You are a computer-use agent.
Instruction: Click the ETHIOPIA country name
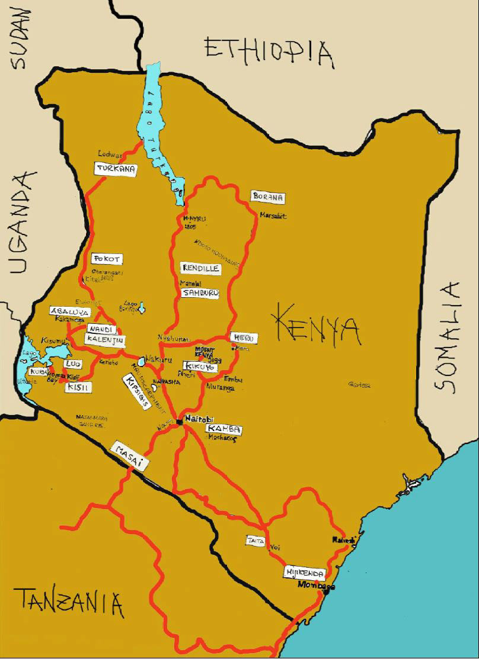[x=269, y=52]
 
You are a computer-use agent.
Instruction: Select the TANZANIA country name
[x=69, y=603]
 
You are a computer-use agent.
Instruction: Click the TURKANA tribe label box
[x=116, y=169]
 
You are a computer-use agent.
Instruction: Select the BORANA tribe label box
[x=268, y=197]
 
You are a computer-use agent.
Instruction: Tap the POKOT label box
[x=107, y=259]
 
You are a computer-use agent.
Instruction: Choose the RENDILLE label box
[x=201, y=268]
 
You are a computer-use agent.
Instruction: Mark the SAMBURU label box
[x=200, y=293]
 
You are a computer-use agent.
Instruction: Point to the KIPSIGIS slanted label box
[x=136, y=391]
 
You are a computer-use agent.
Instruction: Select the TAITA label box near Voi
[x=256, y=540]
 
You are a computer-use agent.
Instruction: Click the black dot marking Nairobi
[x=179, y=422]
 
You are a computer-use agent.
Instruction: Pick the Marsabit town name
[x=273, y=216]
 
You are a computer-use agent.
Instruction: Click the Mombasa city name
[x=316, y=586]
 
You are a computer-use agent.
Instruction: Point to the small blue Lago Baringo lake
[x=142, y=307]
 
